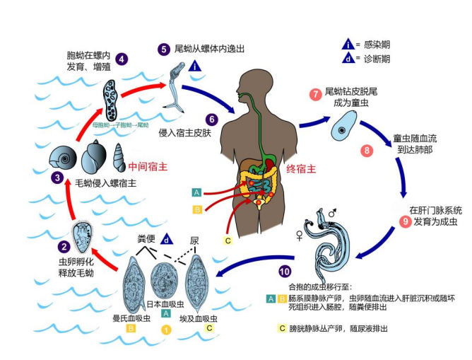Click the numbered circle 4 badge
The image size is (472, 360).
pos(122,59)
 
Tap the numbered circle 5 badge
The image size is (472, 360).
pos(164,49)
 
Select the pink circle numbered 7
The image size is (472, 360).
pos(315,94)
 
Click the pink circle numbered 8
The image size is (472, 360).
pos(367,151)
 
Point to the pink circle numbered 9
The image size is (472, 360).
pos(405,221)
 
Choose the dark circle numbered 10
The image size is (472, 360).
pos(283,270)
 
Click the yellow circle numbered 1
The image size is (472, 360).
pos(167,329)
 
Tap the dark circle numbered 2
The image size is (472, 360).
pos(64,247)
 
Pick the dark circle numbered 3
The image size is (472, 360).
pos(57,178)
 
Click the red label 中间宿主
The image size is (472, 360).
pos(148,167)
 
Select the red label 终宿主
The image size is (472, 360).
pos(298,170)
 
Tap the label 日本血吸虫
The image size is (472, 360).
pos(166,303)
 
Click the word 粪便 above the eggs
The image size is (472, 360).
pos(146,240)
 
